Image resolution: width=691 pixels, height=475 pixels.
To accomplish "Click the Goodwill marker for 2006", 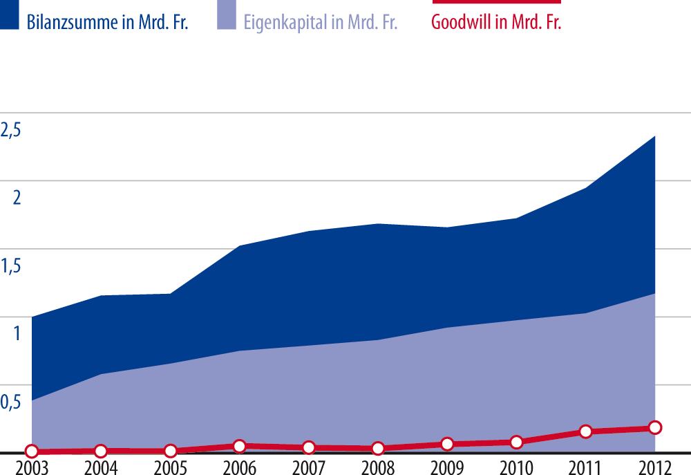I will pos(239,447).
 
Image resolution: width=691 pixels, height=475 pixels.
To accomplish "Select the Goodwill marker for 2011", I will pos(585,431).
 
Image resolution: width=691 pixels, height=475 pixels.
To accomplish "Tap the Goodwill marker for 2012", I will pos(654,428).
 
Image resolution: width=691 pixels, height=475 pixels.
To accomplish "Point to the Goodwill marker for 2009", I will pos(447,444).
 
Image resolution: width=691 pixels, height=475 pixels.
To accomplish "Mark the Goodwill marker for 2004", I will pos(101,451).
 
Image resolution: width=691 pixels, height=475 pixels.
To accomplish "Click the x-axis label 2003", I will pos(32,467).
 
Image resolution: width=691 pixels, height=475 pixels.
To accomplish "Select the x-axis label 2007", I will pos(308,467).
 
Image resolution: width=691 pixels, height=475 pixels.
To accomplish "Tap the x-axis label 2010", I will pos(515,467).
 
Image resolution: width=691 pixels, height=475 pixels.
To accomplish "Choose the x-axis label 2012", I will pos(653,467).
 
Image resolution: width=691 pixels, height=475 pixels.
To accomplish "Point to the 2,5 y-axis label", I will pos(11,129).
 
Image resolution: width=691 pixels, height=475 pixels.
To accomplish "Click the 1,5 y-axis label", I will pos(11,266).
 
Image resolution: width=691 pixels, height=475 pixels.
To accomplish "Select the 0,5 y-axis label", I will pos(11,402).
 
